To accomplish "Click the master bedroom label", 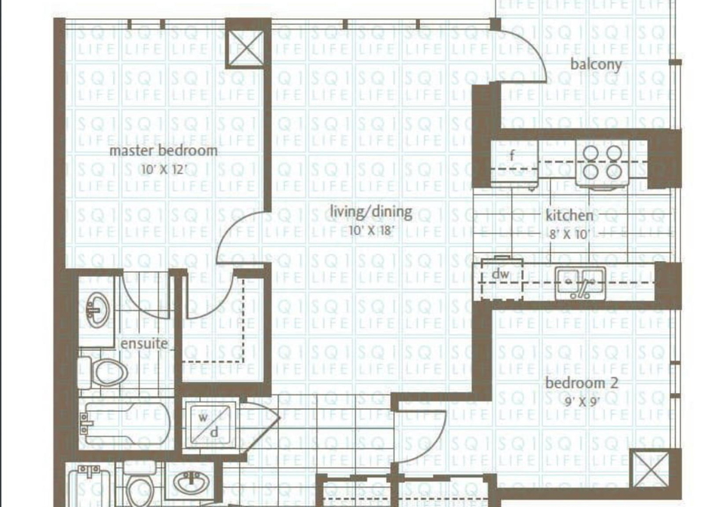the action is click(164, 151).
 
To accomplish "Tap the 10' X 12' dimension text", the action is click(164, 170).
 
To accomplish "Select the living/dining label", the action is click(371, 212).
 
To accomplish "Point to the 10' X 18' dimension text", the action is click(371, 230).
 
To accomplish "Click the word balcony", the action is click(596, 64).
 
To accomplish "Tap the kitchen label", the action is click(569, 216).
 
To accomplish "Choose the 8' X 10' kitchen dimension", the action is click(570, 234).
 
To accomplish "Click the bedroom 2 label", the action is click(581, 383).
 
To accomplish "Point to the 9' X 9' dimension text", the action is click(582, 401).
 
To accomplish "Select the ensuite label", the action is click(144, 344).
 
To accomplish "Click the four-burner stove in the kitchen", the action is click(602, 164).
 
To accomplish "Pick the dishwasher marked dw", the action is click(502, 278).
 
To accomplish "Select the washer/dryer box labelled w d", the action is click(210, 425).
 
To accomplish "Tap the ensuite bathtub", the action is click(124, 423).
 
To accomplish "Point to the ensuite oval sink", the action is click(97, 309).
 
